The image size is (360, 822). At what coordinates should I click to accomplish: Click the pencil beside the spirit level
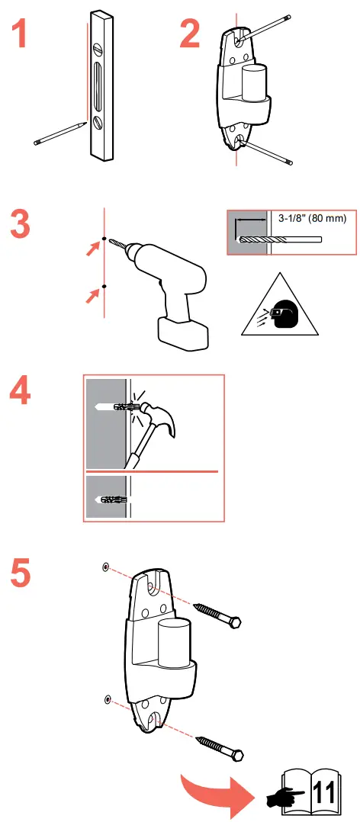click(x=60, y=133)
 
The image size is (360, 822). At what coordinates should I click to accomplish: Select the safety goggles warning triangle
click(x=280, y=307)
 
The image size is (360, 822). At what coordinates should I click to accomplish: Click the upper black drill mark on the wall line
click(x=104, y=239)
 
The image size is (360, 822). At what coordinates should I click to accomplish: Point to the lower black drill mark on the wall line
click(x=104, y=286)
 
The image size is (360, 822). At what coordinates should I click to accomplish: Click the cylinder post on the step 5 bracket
click(x=175, y=643)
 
